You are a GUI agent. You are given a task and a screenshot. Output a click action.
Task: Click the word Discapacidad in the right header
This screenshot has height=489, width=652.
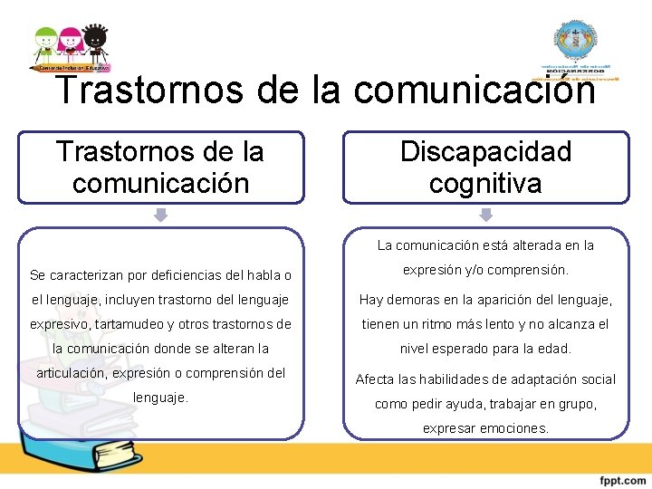485,151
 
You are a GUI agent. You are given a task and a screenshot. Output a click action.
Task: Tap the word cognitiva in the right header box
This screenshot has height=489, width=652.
485,184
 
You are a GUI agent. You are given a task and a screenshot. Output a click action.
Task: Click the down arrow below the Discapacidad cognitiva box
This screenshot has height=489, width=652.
485,216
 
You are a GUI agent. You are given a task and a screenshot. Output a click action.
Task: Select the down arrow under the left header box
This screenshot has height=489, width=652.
160,216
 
